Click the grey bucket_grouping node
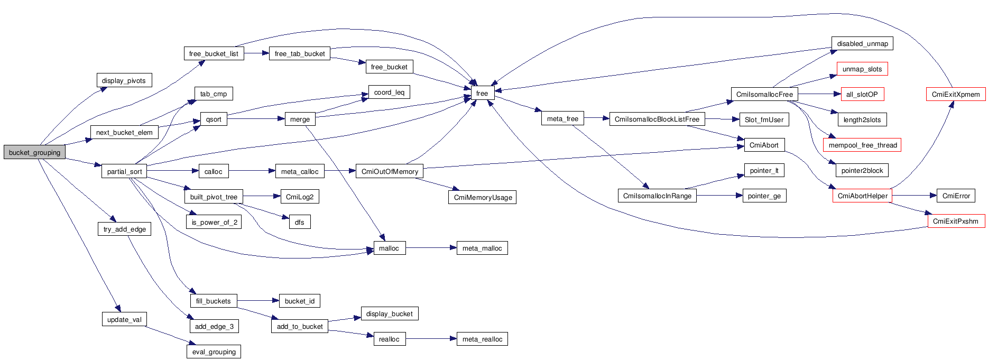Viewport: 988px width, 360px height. [34, 152]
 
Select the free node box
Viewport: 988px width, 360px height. [482, 93]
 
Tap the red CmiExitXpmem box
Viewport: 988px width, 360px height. [955, 94]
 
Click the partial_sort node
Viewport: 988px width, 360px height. [124, 171]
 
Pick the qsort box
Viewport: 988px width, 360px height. [214, 119]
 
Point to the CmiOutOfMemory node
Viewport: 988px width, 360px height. [390, 171]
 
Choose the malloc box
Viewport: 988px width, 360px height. [389, 248]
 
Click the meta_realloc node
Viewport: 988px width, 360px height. [482, 339]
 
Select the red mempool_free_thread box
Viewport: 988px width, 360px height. [862, 145]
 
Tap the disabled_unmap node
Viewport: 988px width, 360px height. [862, 43]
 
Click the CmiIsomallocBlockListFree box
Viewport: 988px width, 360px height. [657, 119]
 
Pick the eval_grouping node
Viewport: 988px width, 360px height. [214, 352]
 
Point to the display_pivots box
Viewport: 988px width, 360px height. [124, 80]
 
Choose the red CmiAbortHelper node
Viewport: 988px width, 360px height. [862, 196]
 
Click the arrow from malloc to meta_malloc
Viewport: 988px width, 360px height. [431, 248]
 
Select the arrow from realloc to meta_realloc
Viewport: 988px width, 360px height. [431, 339]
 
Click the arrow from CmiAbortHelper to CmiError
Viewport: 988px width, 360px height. [914, 196]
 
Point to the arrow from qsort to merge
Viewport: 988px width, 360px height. [256, 119]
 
